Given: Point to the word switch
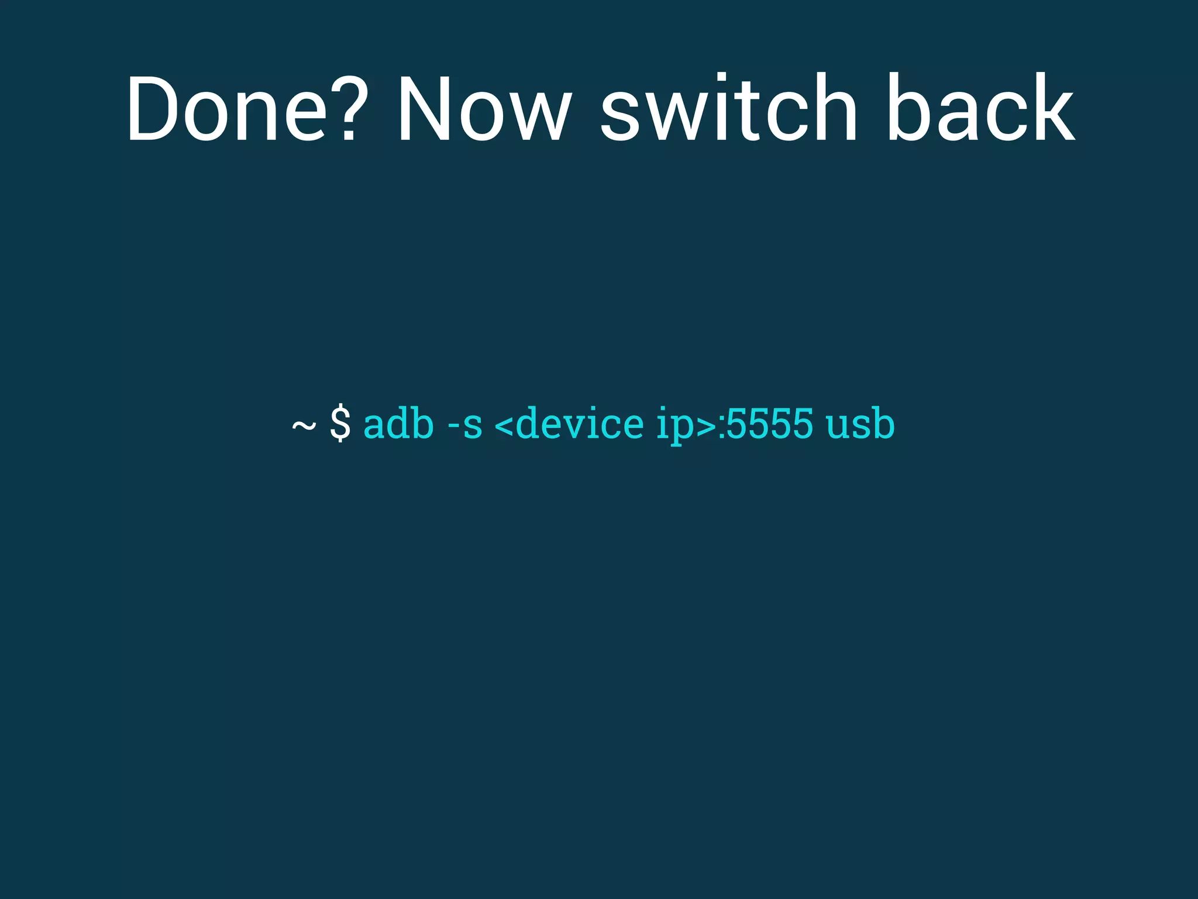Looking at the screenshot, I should [x=728, y=109].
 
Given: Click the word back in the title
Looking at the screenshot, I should [x=980, y=109].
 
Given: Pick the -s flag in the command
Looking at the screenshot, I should [x=465, y=424].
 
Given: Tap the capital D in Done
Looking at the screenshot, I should [x=152, y=109].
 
